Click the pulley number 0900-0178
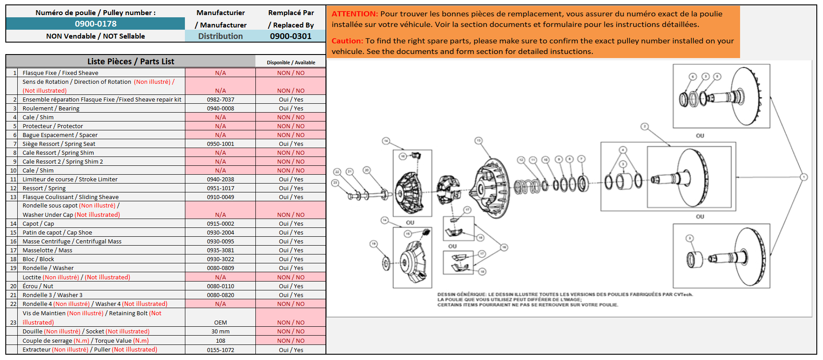coord(95,24)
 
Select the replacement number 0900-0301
coord(290,36)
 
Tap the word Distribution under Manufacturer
coord(220,36)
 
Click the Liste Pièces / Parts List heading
coord(130,62)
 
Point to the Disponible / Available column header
coord(291,63)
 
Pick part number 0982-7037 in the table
coord(220,100)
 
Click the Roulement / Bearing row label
coord(51,109)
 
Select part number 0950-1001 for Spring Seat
coord(220,144)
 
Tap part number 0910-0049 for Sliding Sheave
coord(220,197)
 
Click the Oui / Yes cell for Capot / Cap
coord(291,224)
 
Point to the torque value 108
coord(220,341)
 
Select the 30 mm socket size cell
coord(220,332)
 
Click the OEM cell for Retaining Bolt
coord(220,323)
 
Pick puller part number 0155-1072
coord(220,350)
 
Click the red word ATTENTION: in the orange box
coord(355,14)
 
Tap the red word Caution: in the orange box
coord(347,41)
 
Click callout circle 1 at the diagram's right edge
coord(803,177)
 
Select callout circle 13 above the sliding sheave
coord(478,141)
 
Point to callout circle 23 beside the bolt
coord(335,183)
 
